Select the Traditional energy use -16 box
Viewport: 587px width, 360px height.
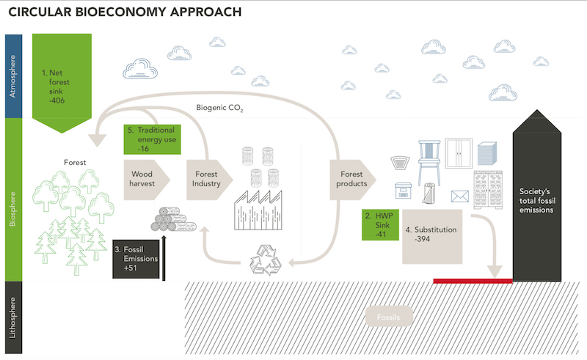pyautogui.click(x=153, y=139)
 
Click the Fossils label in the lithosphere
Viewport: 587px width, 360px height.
pyautogui.click(x=389, y=317)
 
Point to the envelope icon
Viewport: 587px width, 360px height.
pyautogui.click(x=459, y=196)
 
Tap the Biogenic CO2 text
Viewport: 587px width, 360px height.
pyautogui.click(x=219, y=109)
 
